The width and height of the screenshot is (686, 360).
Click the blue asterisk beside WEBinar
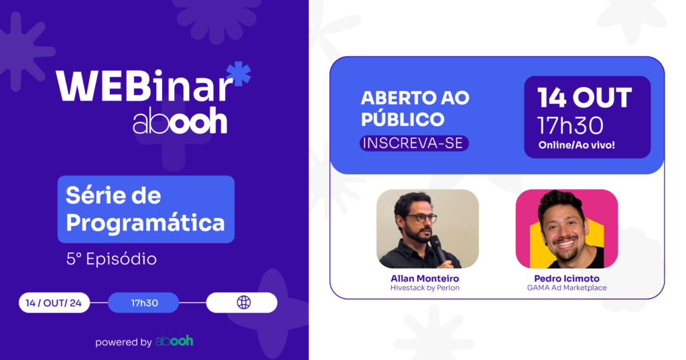point(239,74)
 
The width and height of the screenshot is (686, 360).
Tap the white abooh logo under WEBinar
point(180,121)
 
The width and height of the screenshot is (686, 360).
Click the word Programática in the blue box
point(145,223)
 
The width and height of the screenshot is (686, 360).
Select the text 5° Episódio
point(112,259)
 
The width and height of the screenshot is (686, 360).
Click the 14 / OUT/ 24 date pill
point(54,302)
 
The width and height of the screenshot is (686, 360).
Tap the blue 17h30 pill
point(144,302)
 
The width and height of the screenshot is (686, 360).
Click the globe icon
point(244,302)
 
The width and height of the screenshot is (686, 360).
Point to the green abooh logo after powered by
point(175,341)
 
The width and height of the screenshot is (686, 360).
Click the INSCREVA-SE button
point(414,143)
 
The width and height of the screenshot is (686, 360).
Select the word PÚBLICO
point(403,119)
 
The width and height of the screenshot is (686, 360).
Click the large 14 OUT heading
point(584,97)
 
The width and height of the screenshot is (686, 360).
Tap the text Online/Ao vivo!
point(577,145)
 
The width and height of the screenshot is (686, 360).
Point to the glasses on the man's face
point(421,218)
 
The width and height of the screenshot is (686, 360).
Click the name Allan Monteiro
point(425,278)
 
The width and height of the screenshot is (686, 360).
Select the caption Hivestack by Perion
point(425,288)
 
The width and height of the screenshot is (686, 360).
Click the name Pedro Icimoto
point(567,278)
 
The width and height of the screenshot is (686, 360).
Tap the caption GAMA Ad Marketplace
point(567,288)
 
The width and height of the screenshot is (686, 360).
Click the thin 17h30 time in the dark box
point(571,126)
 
